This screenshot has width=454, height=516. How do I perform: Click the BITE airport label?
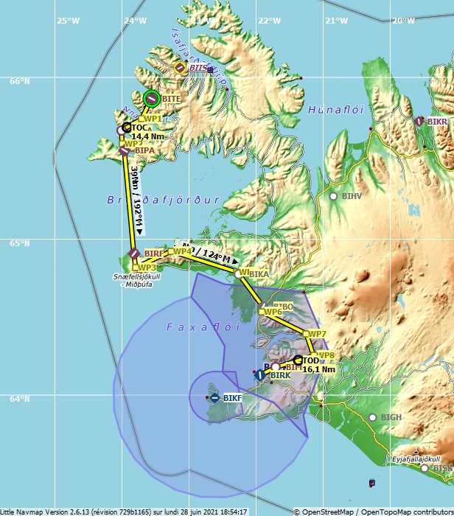[171, 99]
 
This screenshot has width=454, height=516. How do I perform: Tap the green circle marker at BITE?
[152, 97]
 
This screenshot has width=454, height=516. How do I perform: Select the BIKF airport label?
[232, 399]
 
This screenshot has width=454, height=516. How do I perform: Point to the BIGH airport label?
[391, 417]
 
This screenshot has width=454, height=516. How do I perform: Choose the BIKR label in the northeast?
[437, 122]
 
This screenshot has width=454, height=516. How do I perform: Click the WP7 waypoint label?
[317, 334]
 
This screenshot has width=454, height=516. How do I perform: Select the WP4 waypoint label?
[182, 251]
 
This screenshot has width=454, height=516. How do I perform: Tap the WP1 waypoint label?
[153, 119]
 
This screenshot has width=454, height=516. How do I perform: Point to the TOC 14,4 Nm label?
[147, 132]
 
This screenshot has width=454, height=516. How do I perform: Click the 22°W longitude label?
[268, 20]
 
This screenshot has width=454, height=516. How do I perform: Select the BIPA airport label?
[144, 150]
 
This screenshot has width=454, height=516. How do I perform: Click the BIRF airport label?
[154, 254]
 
